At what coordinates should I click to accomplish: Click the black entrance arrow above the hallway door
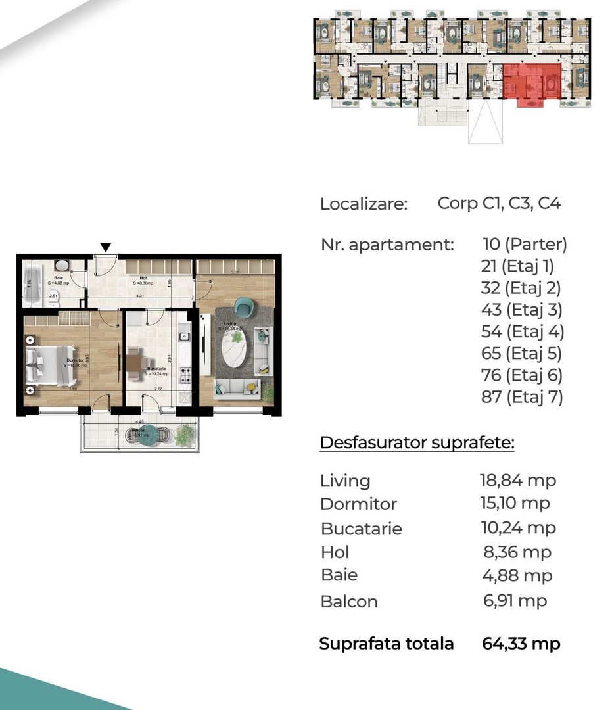[105, 247]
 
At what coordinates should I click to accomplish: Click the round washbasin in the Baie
[61, 266]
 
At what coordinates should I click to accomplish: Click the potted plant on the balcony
[185, 434]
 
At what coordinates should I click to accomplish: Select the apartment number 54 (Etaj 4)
[523, 332]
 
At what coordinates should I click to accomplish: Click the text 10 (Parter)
[524, 245]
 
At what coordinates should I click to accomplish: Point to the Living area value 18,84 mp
[517, 481]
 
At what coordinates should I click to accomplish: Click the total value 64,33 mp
[521, 644]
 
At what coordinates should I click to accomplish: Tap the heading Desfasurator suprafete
[417, 443]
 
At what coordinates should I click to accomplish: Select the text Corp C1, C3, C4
[499, 204]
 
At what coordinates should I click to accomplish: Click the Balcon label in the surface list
[348, 602]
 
